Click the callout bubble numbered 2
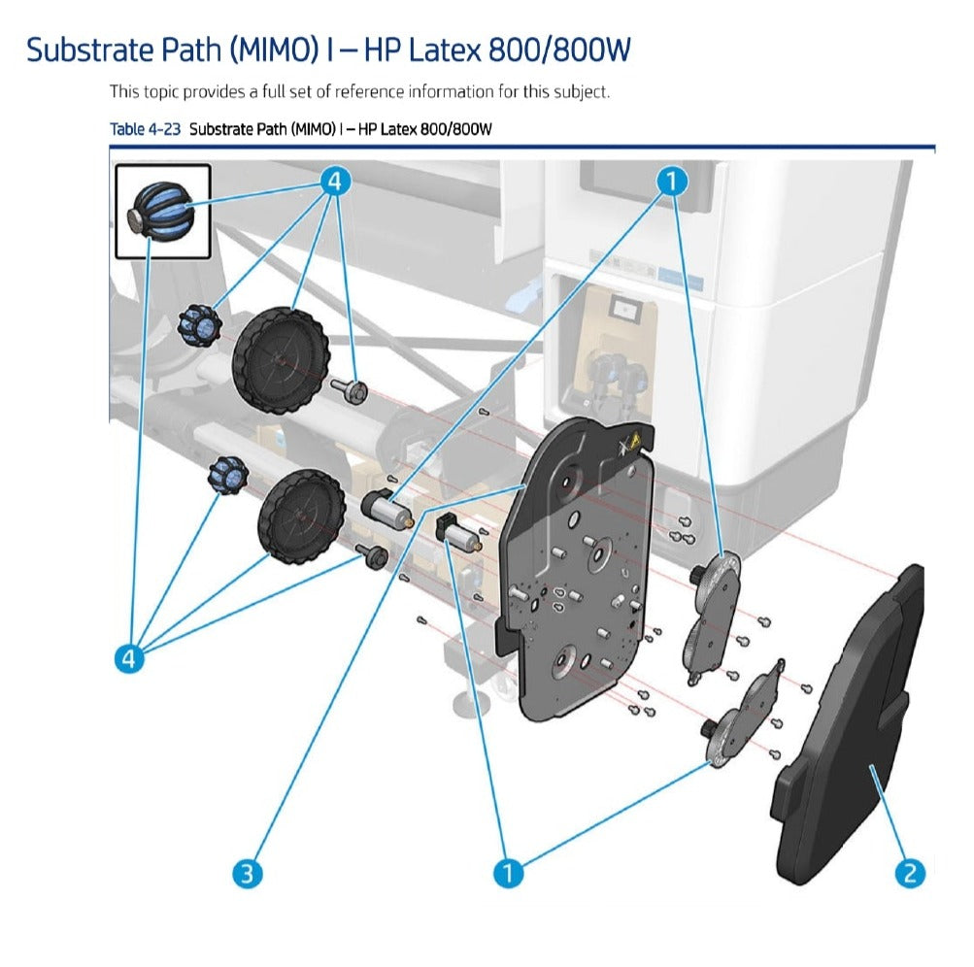[909, 873]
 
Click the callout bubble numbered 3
[247, 873]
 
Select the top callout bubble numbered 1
[671, 181]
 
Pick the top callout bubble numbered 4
[334, 181]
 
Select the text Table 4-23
[145, 129]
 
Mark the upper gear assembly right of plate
[714, 602]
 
